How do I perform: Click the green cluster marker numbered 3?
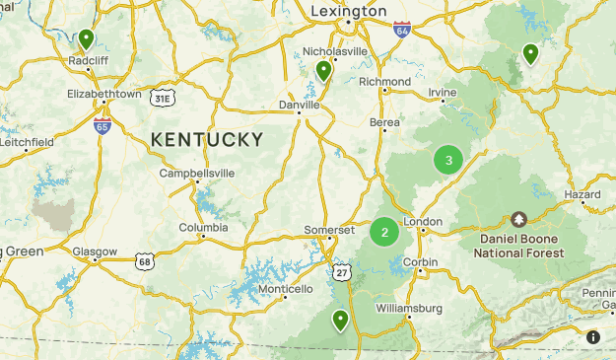tap(448, 160)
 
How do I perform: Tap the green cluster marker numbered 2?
tap(383, 233)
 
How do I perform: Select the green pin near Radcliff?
tap(87, 40)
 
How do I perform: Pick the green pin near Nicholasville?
tap(323, 71)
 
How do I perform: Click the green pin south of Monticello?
tap(340, 320)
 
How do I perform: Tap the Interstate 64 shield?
tap(401, 30)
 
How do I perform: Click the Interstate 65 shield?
tap(103, 125)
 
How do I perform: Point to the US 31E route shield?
tap(163, 99)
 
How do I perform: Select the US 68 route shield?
tap(146, 260)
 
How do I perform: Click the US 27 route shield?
tap(341, 271)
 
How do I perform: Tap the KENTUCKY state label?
tap(207, 140)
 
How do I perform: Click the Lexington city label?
tap(348, 10)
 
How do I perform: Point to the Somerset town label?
tap(329, 229)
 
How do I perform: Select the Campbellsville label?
tap(198, 173)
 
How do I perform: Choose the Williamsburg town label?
tap(409, 309)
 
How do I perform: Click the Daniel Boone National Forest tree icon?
tap(518, 218)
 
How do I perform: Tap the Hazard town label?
tap(582, 195)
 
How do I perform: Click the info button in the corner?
tap(593, 337)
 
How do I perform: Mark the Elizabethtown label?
tap(103, 94)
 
